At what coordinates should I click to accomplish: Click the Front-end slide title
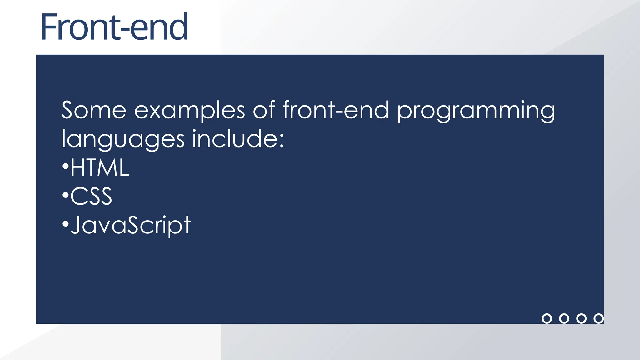[x=114, y=27]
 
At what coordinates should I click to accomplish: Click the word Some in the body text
[x=94, y=110]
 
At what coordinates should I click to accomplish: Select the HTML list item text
[x=99, y=168]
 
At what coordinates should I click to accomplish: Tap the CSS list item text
[x=91, y=197]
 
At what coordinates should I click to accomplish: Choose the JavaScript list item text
[x=130, y=225]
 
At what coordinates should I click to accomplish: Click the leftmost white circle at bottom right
[x=547, y=318]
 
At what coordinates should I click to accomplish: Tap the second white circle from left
[x=564, y=318]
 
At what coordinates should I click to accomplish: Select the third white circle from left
[x=581, y=318]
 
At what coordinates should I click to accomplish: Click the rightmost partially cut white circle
[x=599, y=318]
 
